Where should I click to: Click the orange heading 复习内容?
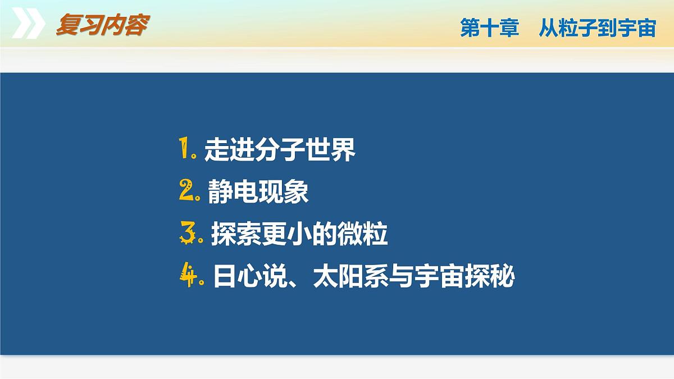point(102,25)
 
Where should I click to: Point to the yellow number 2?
point(186,191)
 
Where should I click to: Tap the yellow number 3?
point(187,234)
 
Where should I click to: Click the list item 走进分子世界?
point(280,150)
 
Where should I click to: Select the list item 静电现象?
point(258,193)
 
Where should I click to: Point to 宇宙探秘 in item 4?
point(464,277)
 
